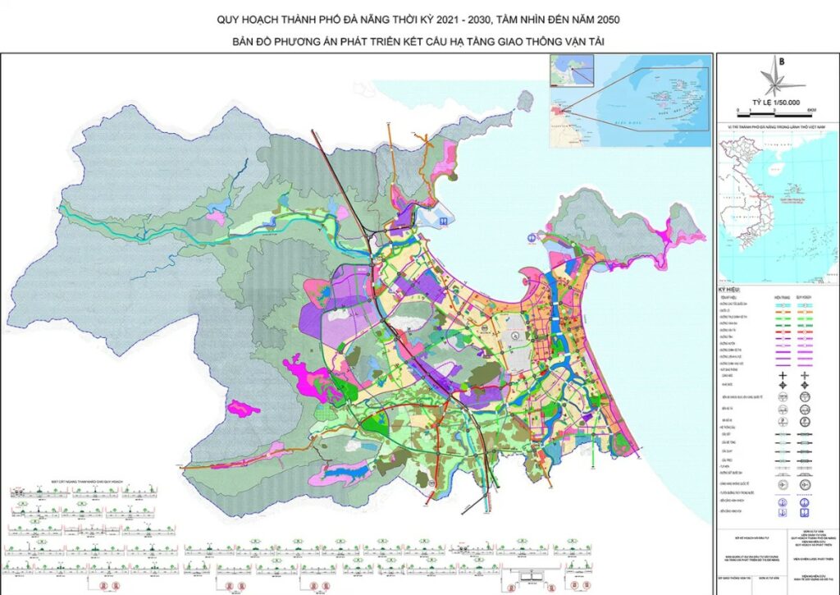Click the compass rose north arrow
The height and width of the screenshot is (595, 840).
point(776,80)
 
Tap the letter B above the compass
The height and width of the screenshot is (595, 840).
point(782,62)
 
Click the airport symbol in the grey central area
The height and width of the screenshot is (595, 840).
point(517,336)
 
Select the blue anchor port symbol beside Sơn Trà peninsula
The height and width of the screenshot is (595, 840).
point(532,236)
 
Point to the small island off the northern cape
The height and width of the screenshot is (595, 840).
point(523,100)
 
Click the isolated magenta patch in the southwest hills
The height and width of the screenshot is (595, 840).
point(244,408)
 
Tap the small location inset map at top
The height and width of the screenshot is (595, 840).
point(629,100)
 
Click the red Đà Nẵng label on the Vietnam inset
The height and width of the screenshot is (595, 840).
point(760,197)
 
